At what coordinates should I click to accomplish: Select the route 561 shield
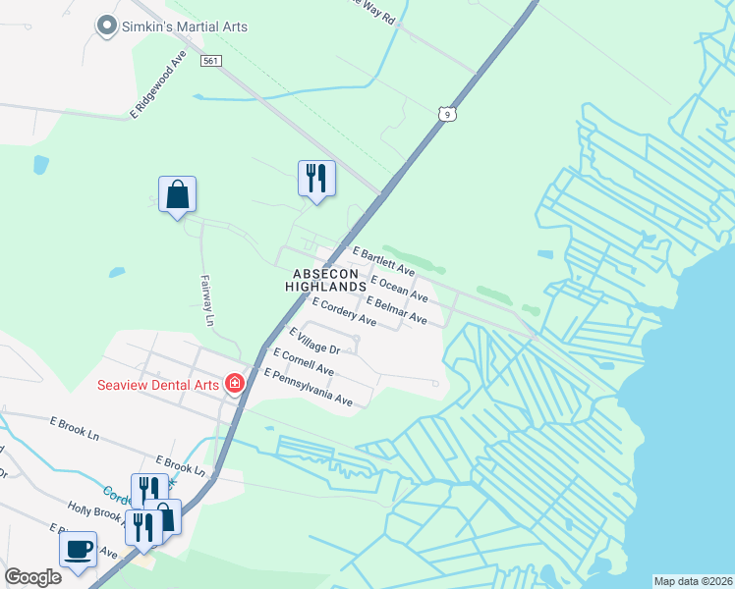tap(210, 61)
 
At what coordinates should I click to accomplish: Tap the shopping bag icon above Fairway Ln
tap(177, 194)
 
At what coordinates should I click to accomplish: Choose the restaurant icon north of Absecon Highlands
tap(316, 179)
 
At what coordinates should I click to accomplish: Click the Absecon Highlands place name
tap(325, 279)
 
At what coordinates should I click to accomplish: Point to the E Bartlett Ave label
tap(383, 261)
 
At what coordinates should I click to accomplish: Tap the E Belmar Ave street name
tap(395, 310)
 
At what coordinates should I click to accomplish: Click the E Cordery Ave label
tap(344, 313)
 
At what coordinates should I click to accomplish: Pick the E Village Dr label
tap(312, 342)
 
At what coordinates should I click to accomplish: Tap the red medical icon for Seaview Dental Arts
tap(235, 383)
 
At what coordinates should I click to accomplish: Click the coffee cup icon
tap(79, 549)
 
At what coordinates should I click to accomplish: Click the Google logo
tap(32, 576)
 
